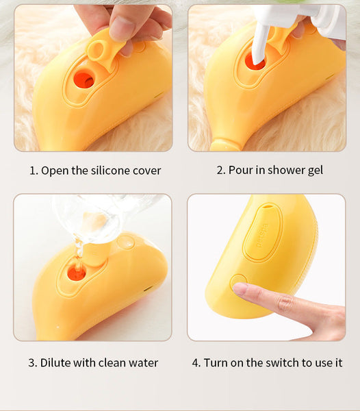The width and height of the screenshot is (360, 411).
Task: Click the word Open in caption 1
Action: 54,171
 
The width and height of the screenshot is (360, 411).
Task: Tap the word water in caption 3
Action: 143,362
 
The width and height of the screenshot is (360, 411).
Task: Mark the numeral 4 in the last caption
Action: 196,362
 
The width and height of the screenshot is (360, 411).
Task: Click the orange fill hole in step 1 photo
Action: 83,78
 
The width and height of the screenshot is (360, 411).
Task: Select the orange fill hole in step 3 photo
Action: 76,273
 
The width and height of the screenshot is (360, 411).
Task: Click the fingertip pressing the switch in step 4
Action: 241,288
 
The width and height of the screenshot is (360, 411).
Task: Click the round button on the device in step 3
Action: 125,241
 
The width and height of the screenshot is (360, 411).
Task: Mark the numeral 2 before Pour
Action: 220,170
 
